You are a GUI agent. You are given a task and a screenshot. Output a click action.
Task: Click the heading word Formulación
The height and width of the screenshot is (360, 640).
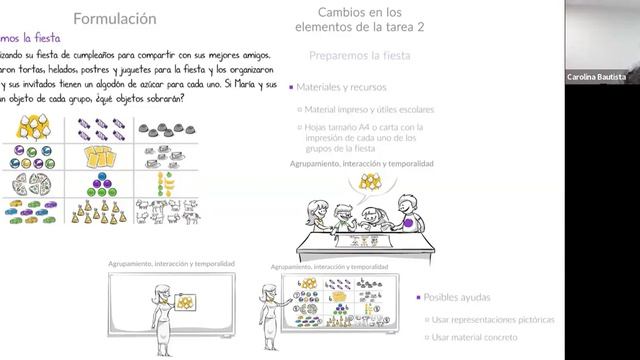pos(116,18)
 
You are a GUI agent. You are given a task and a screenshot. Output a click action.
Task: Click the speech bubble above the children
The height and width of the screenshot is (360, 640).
pos(369,181)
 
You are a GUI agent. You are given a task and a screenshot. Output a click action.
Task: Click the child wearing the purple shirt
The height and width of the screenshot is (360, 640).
pos(407,213)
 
